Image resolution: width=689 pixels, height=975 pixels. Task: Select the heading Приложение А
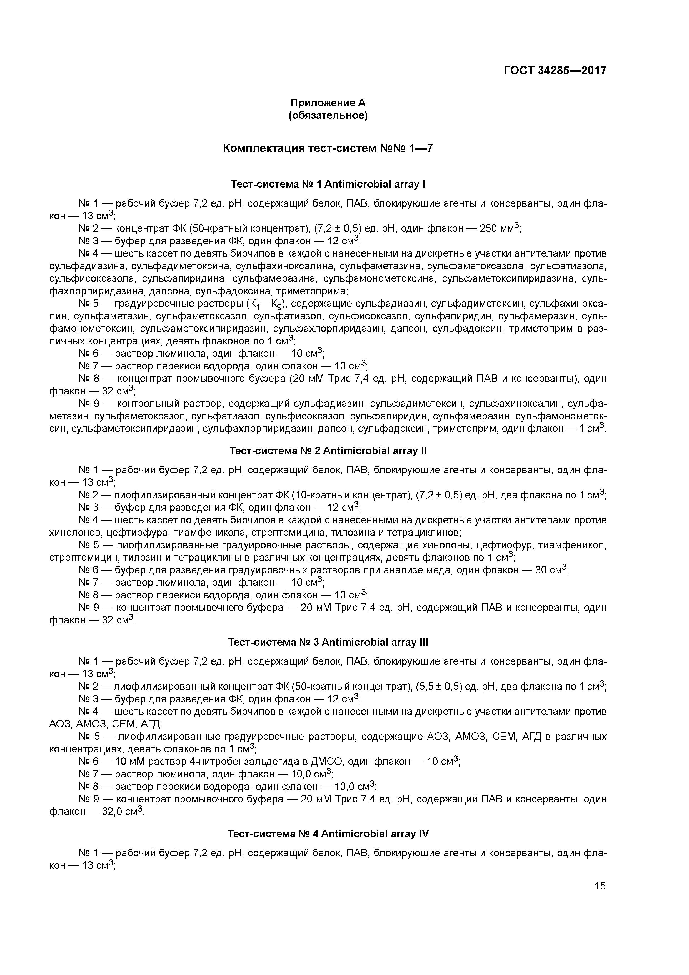click(x=328, y=103)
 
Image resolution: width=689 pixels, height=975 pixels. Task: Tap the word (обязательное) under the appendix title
click(x=328, y=116)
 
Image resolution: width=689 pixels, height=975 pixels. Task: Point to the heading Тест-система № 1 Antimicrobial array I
click(x=328, y=184)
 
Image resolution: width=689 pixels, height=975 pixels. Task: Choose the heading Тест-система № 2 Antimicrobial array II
click(x=328, y=451)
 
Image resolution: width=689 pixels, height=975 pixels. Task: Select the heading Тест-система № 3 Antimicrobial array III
click(x=328, y=642)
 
